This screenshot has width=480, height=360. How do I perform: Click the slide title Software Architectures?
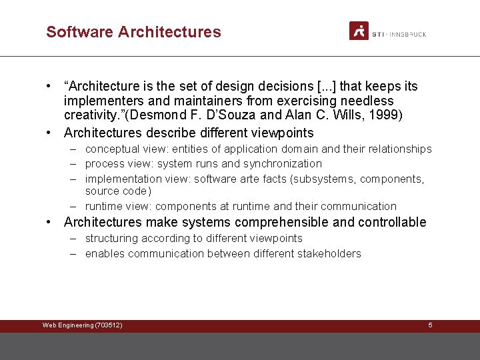(x=133, y=31)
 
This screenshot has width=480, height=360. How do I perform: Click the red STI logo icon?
(x=359, y=31)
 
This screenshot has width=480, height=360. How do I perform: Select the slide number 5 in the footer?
(x=430, y=325)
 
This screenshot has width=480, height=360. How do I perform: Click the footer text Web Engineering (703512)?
(x=82, y=325)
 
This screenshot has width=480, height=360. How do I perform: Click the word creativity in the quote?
(x=89, y=115)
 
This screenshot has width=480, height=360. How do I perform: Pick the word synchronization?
(x=283, y=164)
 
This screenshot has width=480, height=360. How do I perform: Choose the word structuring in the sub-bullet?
(x=111, y=239)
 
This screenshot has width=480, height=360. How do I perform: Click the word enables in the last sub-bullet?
(x=105, y=253)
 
